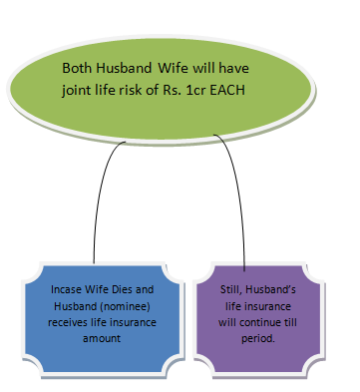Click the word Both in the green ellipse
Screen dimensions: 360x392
[77, 68]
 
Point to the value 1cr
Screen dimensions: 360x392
[195, 90]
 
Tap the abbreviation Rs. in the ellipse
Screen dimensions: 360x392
[172, 90]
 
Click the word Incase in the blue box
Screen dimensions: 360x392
[66, 289]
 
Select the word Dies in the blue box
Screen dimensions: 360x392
[123, 289]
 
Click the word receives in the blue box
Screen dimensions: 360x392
[68, 322]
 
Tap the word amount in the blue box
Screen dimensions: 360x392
[102, 338]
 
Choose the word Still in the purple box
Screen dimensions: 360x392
[232, 289]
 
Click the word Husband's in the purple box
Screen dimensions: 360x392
[270, 289]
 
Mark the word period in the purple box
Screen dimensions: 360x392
[258, 339]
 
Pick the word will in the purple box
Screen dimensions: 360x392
[228, 322]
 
